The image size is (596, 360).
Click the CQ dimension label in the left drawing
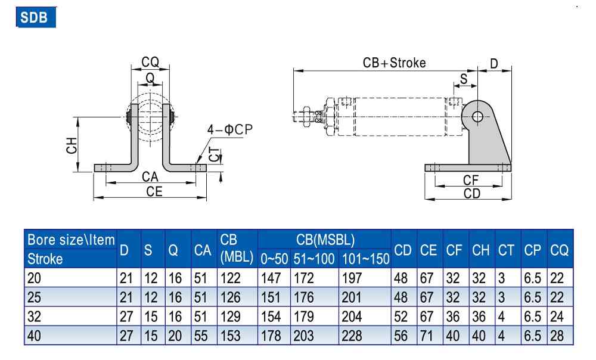pos(150,62)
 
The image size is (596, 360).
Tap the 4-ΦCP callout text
pos(230,129)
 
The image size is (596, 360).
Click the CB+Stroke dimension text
pos(394,63)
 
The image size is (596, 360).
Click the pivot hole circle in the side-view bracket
pos(477,117)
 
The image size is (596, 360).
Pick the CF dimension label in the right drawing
pos(471,180)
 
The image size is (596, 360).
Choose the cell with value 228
pos(350,336)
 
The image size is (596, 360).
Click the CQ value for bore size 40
pos(557,336)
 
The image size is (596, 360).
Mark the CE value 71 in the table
pos(427,336)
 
